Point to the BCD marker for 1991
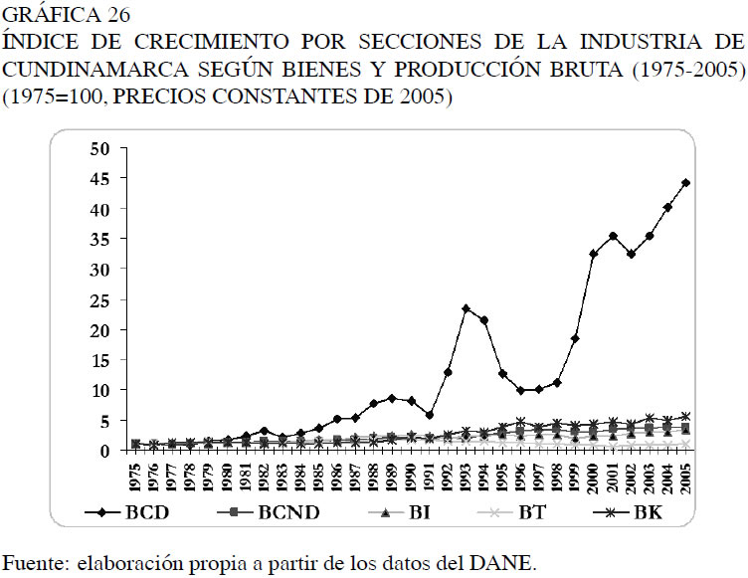click(429, 414)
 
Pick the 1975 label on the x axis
click(135, 477)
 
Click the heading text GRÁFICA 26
click(67, 17)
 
